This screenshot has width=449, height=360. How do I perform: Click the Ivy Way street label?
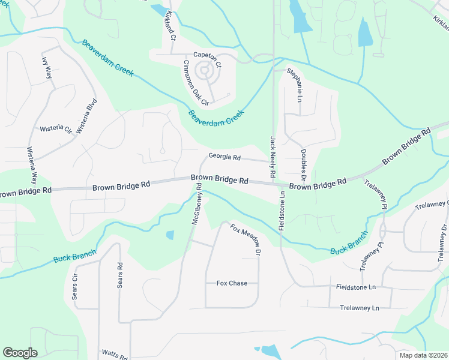(47, 68)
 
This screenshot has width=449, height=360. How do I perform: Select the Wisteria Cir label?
(56, 129)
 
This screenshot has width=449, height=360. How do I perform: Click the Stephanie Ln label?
(295, 83)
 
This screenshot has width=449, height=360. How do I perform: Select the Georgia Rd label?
(224, 157)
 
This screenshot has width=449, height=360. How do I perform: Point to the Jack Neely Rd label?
(273, 156)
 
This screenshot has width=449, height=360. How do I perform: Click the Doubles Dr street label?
(303, 165)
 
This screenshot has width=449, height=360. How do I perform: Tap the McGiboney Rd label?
(196, 204)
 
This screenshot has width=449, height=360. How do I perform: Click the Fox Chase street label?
(232, 283)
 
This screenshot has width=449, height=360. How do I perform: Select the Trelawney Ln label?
(359, 308)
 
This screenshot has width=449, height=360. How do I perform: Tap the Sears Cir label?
(76, 287)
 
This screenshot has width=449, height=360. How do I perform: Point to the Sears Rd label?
(120, 275)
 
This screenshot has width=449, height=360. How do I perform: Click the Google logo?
(20, 353)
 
